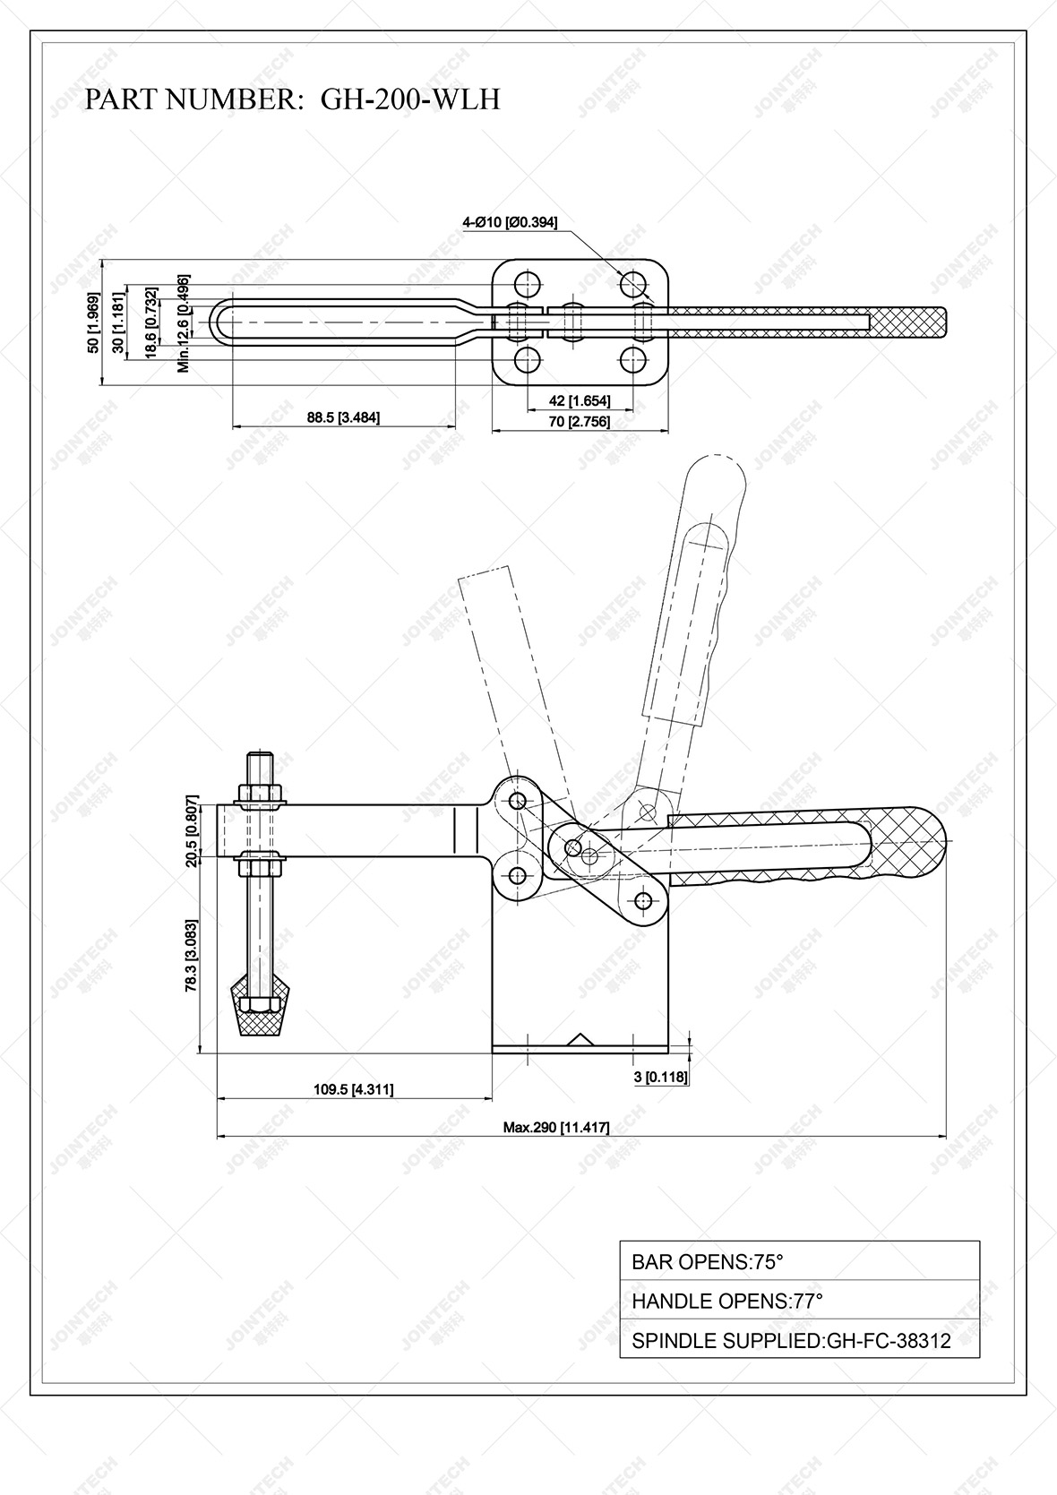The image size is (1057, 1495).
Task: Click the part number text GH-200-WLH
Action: [410, 99]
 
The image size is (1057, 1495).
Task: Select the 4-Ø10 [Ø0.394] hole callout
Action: [510, 223]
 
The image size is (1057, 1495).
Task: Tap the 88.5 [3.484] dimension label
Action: [343, 417]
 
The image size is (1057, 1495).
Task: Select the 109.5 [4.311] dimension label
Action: [353, 1089]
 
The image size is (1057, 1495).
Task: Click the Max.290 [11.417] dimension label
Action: [555, 1128]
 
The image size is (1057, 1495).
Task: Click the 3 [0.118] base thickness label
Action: [661, 1077]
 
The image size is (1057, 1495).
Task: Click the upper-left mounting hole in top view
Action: [528, 284]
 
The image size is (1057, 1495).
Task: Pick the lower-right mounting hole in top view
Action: [634, 361]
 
